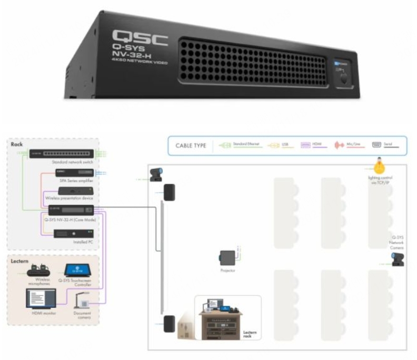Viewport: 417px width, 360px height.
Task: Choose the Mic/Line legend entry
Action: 345,144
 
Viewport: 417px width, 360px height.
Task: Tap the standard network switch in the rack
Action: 62,154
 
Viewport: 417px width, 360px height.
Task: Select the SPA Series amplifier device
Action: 67,173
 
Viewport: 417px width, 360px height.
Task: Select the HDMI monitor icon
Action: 41,298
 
